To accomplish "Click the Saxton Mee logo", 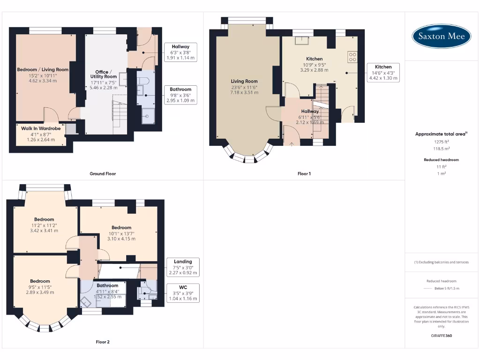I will (x=441, y=36).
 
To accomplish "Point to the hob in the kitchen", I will (x=352, y=57).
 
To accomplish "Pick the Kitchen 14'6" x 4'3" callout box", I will (x=383, y=73).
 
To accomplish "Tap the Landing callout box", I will (x=183, y=267).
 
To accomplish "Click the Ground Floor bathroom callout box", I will (x=180, y=95).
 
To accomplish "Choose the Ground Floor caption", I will (x=103, y=173).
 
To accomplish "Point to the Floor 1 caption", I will (x=304, y=173).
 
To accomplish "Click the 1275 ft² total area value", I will (x=441, y=142).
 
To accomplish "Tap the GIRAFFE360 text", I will (x=441, y=336).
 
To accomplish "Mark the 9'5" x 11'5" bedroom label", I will (x=40, y=287).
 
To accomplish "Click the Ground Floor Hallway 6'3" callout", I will (x=180, y=52).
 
